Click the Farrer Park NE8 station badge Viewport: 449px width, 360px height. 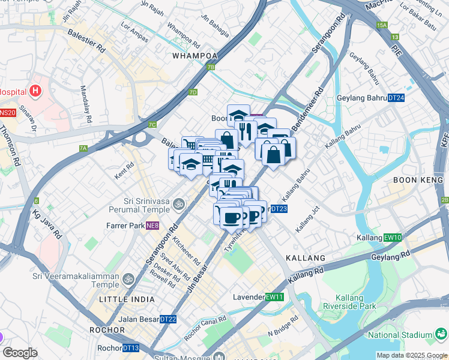click(152, 226)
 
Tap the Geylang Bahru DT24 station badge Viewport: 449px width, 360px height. click(396, 98)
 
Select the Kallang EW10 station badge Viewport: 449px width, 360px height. click(393, 238)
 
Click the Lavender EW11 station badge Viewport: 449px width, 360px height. click(274, 297)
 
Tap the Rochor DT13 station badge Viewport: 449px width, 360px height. click(130, 348)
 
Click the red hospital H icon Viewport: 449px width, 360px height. click(36, 92)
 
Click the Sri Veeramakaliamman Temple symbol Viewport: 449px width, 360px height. click(128, 280)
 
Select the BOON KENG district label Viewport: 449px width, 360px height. click(417, 180)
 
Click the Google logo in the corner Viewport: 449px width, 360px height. click(20, 353)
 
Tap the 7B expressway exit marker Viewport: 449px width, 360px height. click(210, 67)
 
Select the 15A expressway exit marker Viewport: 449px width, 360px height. click(382, 25)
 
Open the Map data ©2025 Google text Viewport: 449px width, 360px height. click(412, 355)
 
